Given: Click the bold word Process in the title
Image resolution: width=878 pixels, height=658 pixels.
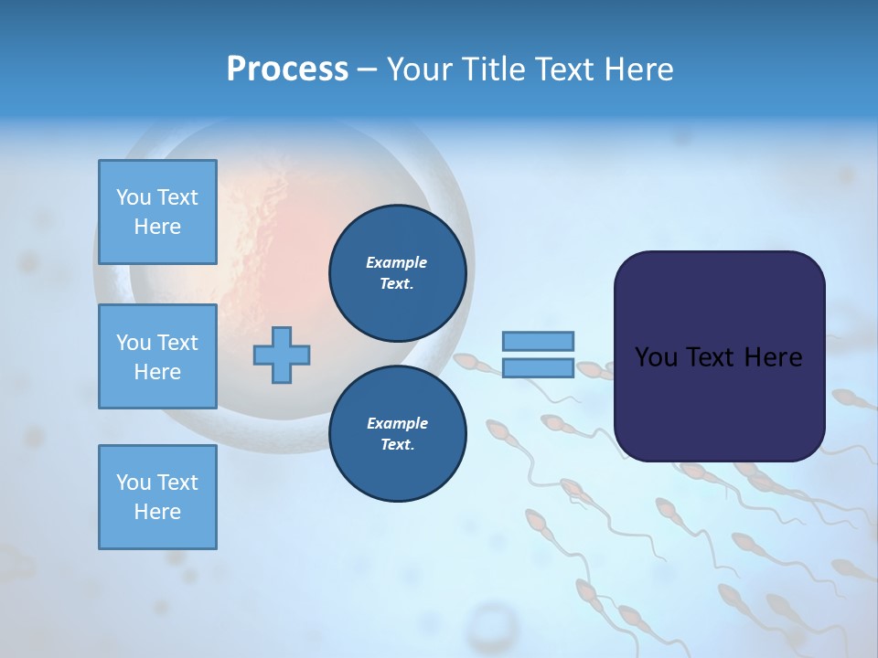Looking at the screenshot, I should click(287, 69).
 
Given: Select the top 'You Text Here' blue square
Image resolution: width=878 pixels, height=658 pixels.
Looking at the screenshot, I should click(157, 212).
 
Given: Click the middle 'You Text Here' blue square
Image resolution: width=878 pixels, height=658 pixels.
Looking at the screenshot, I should click(157, 356).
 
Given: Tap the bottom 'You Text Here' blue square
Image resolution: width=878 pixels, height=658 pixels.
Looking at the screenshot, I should click(157, 497).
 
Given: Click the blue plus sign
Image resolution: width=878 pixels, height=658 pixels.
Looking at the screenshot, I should click(282, 355).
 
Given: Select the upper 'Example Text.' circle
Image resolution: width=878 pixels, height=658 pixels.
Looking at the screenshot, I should click(397, 273).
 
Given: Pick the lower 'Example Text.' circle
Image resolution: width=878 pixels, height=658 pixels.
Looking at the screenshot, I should click(397, 434).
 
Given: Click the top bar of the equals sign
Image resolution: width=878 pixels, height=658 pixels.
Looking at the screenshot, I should click(538, 341).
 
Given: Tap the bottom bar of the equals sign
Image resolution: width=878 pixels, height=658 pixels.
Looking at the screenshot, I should click(538, 367).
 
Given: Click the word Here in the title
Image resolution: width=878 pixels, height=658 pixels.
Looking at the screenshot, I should click(638, 69).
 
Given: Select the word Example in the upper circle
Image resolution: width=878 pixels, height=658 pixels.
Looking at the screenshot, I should click(397, 262).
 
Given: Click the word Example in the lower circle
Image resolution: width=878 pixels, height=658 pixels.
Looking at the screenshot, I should click(397, 423).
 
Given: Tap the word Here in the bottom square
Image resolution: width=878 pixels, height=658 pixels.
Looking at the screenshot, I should click(157, 512).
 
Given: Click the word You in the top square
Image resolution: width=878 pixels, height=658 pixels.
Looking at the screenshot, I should click(134, 197).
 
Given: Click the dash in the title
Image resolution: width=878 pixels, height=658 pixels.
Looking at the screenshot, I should click(367, 70).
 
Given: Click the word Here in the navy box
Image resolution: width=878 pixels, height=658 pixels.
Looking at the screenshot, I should click(773, 357).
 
